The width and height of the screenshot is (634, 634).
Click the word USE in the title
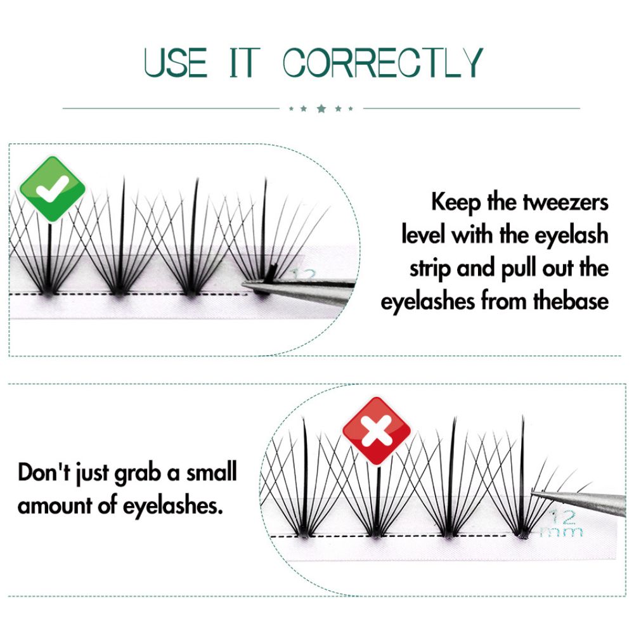pyautogui.click(x=176, y=62)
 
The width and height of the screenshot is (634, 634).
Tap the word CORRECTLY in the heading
pyautogui.click(x=382, y=62)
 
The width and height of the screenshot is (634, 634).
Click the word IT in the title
pyautogui.click(x=244, y=62)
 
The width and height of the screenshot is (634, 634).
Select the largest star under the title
pyautogui.click(x=321, y=108)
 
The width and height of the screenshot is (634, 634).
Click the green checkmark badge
pyautogui.click(x=53, y=189)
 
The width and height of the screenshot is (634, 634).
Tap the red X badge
pyautogui.click(x=377, y=431)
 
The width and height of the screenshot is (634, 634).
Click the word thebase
pyautogui.click(x=571, y=301)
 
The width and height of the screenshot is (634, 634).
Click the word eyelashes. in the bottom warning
pyautogui.click(x=172, y=505)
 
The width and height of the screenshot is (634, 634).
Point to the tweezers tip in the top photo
pyautogui.click(x=243, y=286)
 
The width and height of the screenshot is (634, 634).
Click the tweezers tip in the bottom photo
pyautogui.click(x=532, y=493)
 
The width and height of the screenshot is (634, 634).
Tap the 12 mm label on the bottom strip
pyautogui.click(x=562, y=523)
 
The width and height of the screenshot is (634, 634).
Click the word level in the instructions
pyautogui.click(x=424, y=235)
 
